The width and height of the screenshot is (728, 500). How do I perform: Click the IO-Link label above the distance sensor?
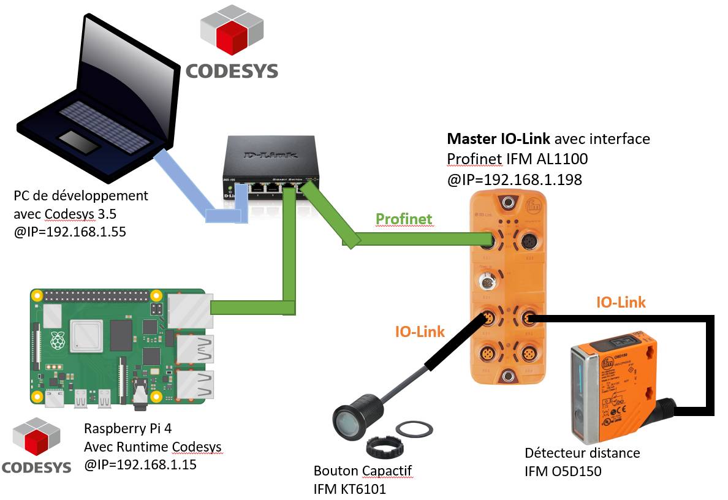(x=620, y=302)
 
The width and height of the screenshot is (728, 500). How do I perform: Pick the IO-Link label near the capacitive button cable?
(x=420, y=331)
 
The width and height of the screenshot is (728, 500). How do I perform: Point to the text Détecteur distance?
(x=582, y=453)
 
